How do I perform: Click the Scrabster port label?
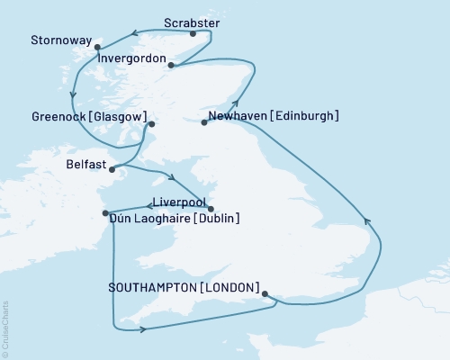coord(191,22)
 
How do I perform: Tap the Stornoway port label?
coord(59,40)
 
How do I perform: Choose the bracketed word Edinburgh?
coord(308,116)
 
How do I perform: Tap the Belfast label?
coord(85,166)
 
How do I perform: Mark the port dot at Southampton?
coord(264,292)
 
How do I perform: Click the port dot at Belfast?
coord(111,168)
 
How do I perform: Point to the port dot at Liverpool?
coord(211,209)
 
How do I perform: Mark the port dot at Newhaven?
coord(203,122)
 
